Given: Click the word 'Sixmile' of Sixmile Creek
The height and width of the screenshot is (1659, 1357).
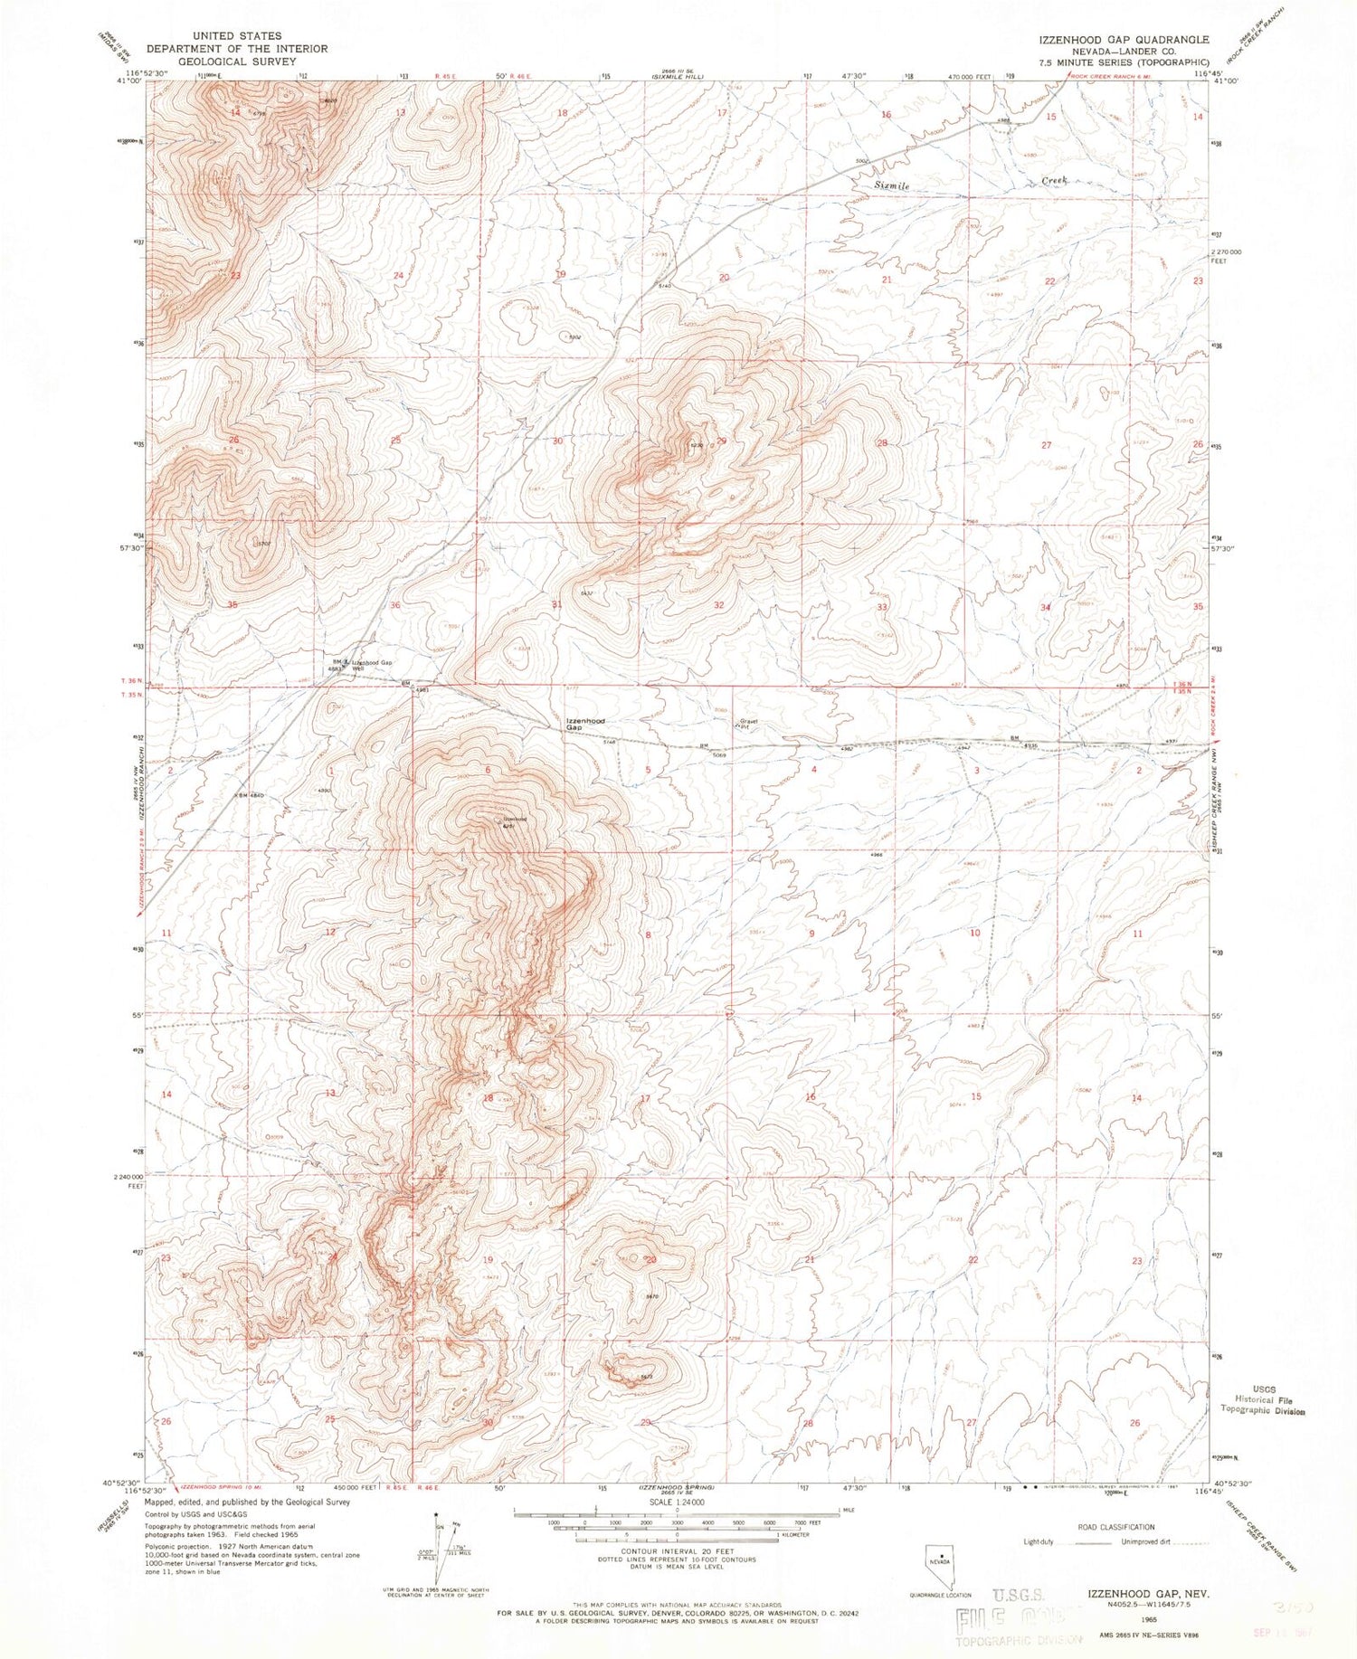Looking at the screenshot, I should click(891, 185).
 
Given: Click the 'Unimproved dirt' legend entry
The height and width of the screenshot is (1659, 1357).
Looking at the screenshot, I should click(1148, 1541).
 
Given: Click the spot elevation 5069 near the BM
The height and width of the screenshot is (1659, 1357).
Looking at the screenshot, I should click(719, 754).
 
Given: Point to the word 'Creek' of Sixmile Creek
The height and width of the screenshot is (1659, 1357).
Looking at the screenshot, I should click(1054, 181).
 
